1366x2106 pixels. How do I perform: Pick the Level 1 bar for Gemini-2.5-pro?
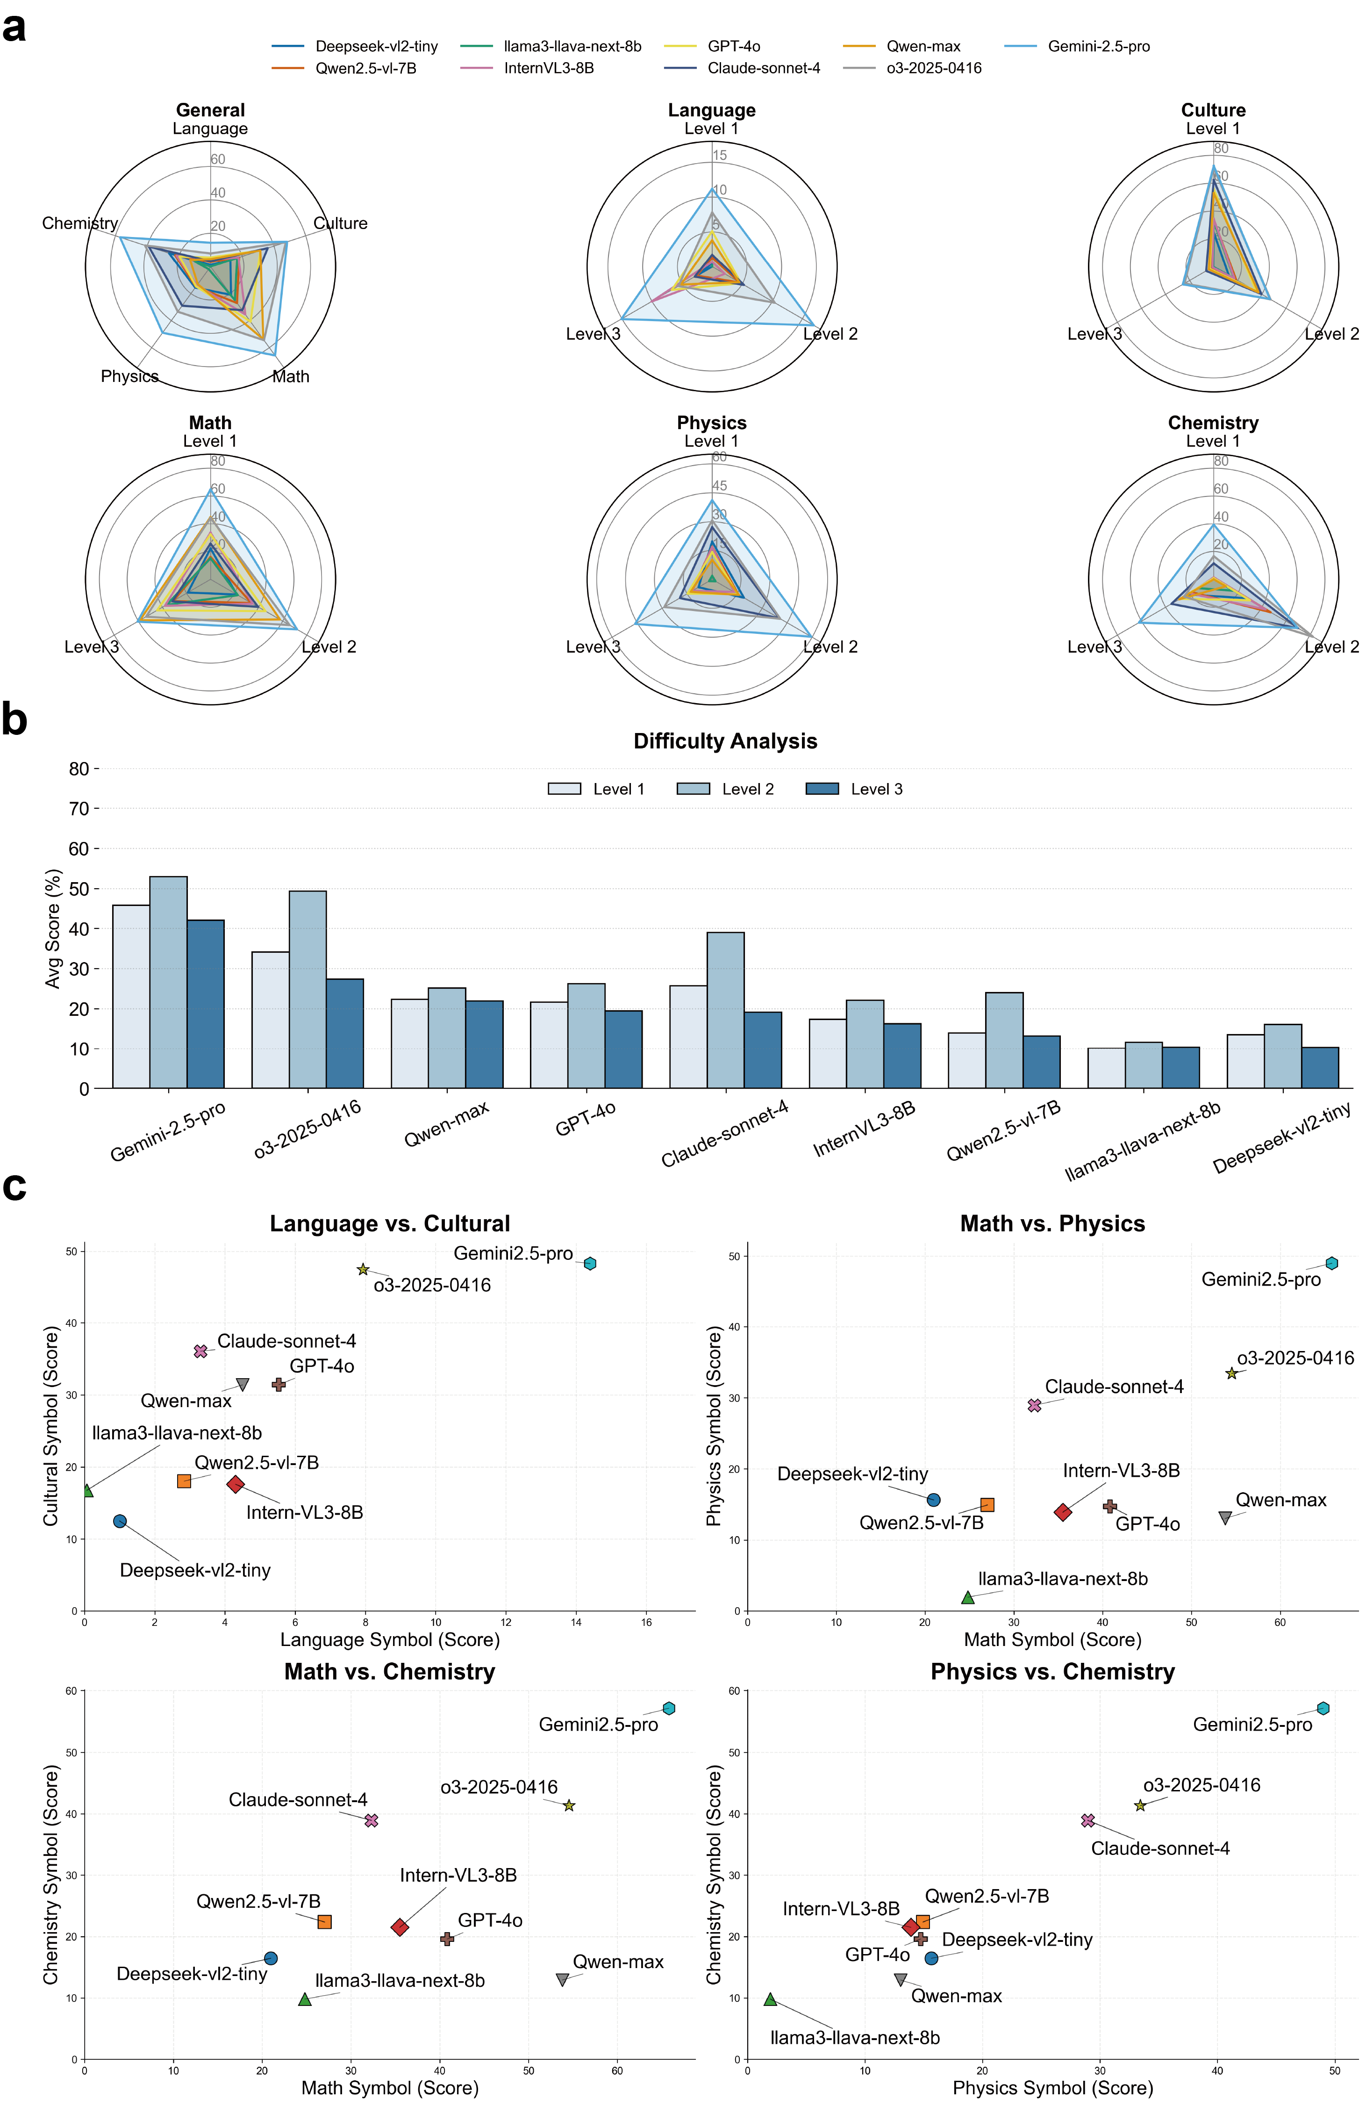(131, 996)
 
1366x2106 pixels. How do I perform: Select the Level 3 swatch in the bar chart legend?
(822, 789)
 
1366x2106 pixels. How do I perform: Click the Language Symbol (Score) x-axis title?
(389, 1639)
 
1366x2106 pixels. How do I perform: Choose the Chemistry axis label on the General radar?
(79, 223)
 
